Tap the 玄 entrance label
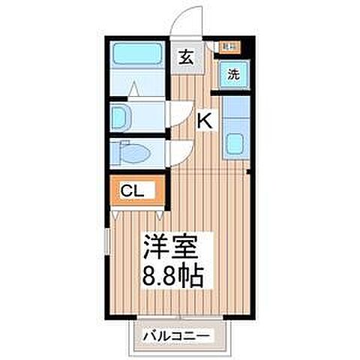[x=185, y=56]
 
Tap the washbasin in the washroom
[x=118, y=117]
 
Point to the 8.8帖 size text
[x=174, y=275]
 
